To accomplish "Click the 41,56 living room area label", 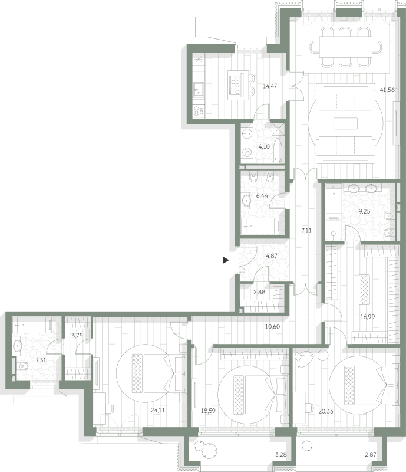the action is pos(387,90).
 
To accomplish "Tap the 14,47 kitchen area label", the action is pos(270,86).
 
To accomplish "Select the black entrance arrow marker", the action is pos(226,260).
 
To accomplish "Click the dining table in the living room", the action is pos(346,47).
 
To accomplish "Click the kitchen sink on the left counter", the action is pos(198,90).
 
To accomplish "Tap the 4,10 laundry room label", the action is pos(264,146).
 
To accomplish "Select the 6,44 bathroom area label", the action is pos(262,196).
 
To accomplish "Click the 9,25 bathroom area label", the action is pos(365,211).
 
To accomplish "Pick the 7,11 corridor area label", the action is pos(306,231).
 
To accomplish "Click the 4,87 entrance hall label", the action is pos(272,256).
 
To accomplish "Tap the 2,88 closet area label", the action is pos(259,292).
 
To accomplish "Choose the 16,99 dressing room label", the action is pos(368,317).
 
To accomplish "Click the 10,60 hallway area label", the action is pos(272,327).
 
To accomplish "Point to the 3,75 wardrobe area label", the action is pos(77,335).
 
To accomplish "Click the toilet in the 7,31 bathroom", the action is pos(21,366).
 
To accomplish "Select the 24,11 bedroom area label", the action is pos(157,410).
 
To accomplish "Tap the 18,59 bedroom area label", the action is pos(208,411).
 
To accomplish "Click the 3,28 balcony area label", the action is pos(281,454).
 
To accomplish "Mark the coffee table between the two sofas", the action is pos(345,123).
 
